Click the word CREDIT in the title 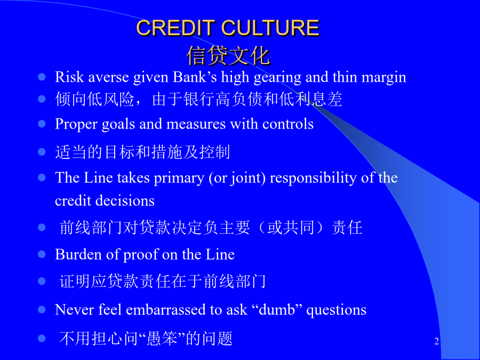click(175, 28)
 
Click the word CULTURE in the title click(270, 28)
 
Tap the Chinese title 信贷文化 click(228, 55)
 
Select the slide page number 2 click(436, 341)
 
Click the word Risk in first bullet click(69, 76)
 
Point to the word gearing click(277, 77)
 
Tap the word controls click(288, 124)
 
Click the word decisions click(125, 201)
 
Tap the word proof click(140, 255)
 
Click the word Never click(74, 309)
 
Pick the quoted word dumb click(277, 309)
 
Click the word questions click(336, 310)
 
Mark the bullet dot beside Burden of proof click(42, 254)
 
